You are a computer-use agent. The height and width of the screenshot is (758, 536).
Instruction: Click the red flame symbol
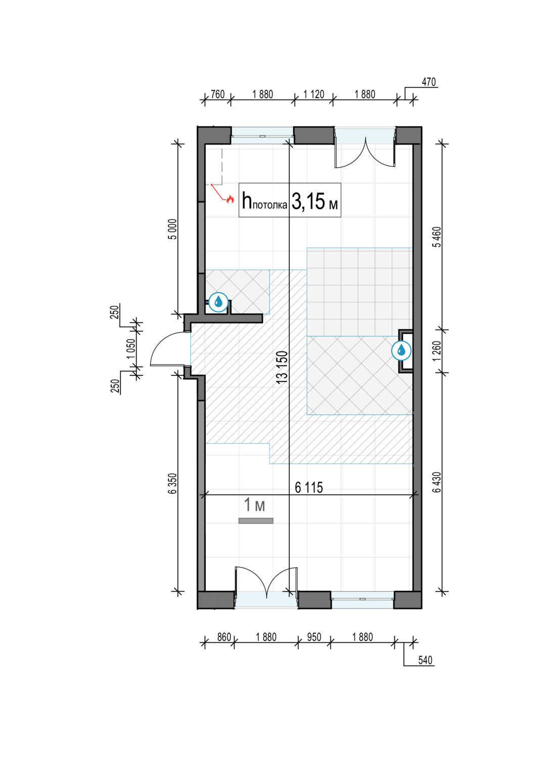click(230, 199)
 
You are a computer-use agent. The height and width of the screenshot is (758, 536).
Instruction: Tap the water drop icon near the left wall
click(218, 302)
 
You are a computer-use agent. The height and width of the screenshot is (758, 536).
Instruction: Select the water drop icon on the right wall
click(401, 350)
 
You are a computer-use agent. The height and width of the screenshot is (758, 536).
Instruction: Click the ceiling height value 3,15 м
click(315, 202)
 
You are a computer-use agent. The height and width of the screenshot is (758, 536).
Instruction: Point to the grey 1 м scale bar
click(256, 521)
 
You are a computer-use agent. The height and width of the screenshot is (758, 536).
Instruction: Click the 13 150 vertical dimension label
click(282, 367)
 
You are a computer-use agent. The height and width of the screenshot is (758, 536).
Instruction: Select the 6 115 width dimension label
click(308, 488)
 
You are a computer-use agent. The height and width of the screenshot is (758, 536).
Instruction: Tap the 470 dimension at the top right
click(429, 82)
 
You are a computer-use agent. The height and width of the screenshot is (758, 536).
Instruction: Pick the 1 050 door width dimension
click(131, 349)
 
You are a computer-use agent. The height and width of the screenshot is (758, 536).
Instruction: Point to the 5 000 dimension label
click(173, 229)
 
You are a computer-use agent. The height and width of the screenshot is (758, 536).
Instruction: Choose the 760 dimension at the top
click(217, 94)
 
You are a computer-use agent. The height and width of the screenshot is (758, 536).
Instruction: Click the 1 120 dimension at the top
click(314, 94)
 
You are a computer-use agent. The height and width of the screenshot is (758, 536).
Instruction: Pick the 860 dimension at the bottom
click(224, 637)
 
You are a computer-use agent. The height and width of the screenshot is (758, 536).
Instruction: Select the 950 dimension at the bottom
click(314, 637)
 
